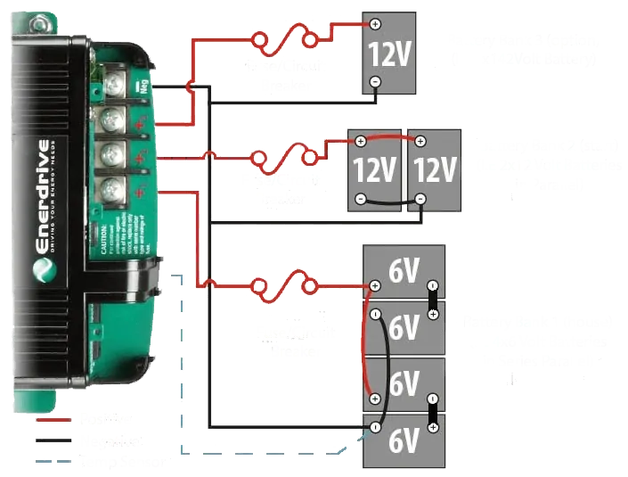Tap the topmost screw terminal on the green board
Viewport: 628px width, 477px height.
(x=114, y=86)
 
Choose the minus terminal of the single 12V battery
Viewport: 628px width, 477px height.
(x=375, y=82)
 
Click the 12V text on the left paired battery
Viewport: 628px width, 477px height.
(x=375, y=169)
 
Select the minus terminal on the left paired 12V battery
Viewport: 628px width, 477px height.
(x=360, y=199)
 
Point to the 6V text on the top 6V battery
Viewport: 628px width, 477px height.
(x=404, y=272)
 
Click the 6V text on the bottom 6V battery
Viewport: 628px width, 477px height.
(x=404, y=440)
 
